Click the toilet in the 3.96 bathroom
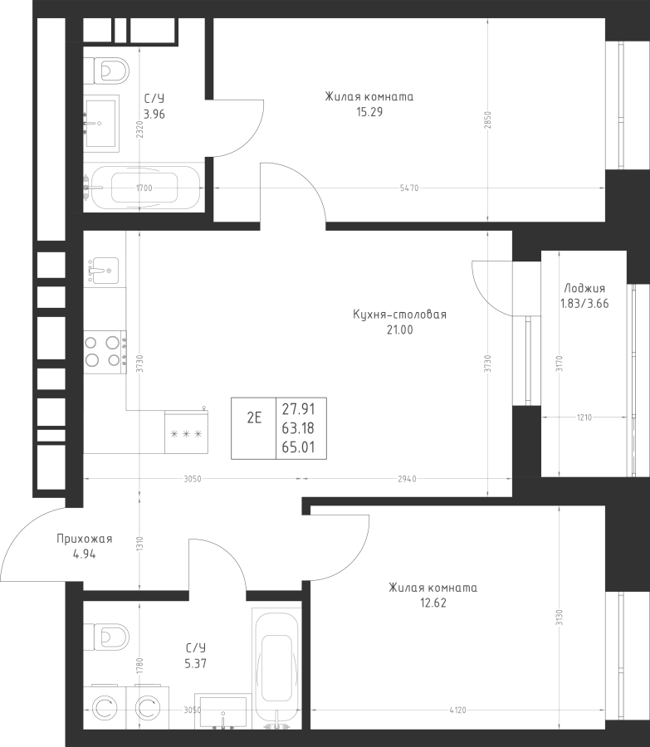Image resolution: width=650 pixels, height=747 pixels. [x=106, y=71]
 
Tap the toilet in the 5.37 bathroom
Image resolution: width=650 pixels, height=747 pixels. [x=106, y=637]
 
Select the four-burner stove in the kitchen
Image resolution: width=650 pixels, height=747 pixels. [x=105, y=352]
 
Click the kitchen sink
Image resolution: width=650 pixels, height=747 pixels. [x=103, y=271]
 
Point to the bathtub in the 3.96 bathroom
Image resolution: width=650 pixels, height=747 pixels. [x=143, y=188]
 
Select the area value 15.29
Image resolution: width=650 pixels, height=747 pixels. [x=369, y=112]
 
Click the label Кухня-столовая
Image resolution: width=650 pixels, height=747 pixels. [x=400, y=315]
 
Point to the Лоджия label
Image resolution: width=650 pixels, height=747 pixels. [x=584, y=288]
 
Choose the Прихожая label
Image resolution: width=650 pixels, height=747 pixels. [x=85, y=539]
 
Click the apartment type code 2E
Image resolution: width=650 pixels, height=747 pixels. [x=254, y=417]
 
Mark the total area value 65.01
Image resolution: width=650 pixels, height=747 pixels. [x=298, y=447]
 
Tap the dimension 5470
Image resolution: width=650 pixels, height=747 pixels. [x=409, y=188]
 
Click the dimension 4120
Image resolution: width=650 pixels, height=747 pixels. [x=457, y=710]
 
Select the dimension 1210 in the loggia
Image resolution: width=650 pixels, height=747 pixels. [x=584, y=417]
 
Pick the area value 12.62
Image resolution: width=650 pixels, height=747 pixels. [x=433, y=603]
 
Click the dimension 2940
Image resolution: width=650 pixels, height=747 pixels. [x=407, y=479]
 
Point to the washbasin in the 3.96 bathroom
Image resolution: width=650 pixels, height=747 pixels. [x=101, y=124]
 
